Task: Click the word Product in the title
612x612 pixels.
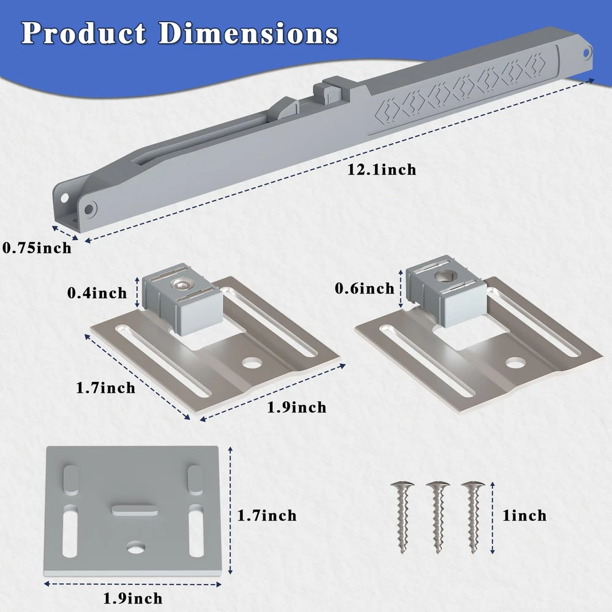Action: click(83, 33)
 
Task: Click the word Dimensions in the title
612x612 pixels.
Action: click(248, 33)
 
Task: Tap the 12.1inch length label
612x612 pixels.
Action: click(382, 170)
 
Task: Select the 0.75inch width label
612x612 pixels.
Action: click(37, 248)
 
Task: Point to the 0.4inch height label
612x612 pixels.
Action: click(97, 293)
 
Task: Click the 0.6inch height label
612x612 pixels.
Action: click(365, 288)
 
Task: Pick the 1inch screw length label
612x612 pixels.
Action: click(524, 515)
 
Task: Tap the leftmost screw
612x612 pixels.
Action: click(403, 517)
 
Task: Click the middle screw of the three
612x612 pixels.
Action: click(438, 517)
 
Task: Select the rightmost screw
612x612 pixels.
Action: click(473, 517)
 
